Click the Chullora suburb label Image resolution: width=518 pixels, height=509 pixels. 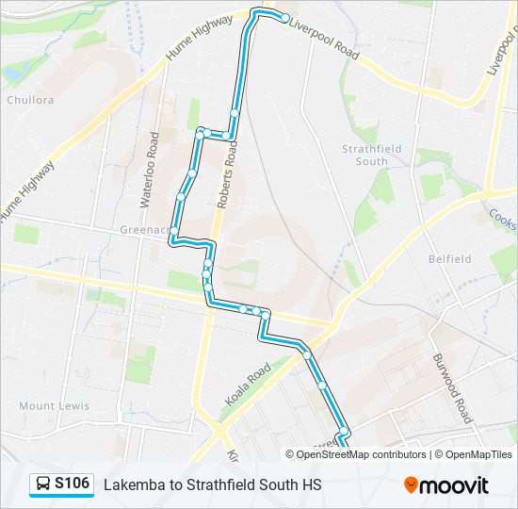[30, 99]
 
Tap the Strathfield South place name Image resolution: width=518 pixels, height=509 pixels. [371, 155]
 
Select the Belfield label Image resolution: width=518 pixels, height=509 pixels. [449, 258]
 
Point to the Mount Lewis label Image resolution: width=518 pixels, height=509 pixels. [55, 406]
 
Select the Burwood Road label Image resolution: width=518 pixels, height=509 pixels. [451, 386]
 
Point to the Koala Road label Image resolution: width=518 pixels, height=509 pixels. [248, 386]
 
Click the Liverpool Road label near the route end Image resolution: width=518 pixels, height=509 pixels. [326, 39]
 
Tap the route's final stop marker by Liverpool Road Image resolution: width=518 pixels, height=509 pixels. [285, 18]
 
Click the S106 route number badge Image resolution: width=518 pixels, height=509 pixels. [72, 484]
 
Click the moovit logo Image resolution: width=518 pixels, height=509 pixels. [446, 484]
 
